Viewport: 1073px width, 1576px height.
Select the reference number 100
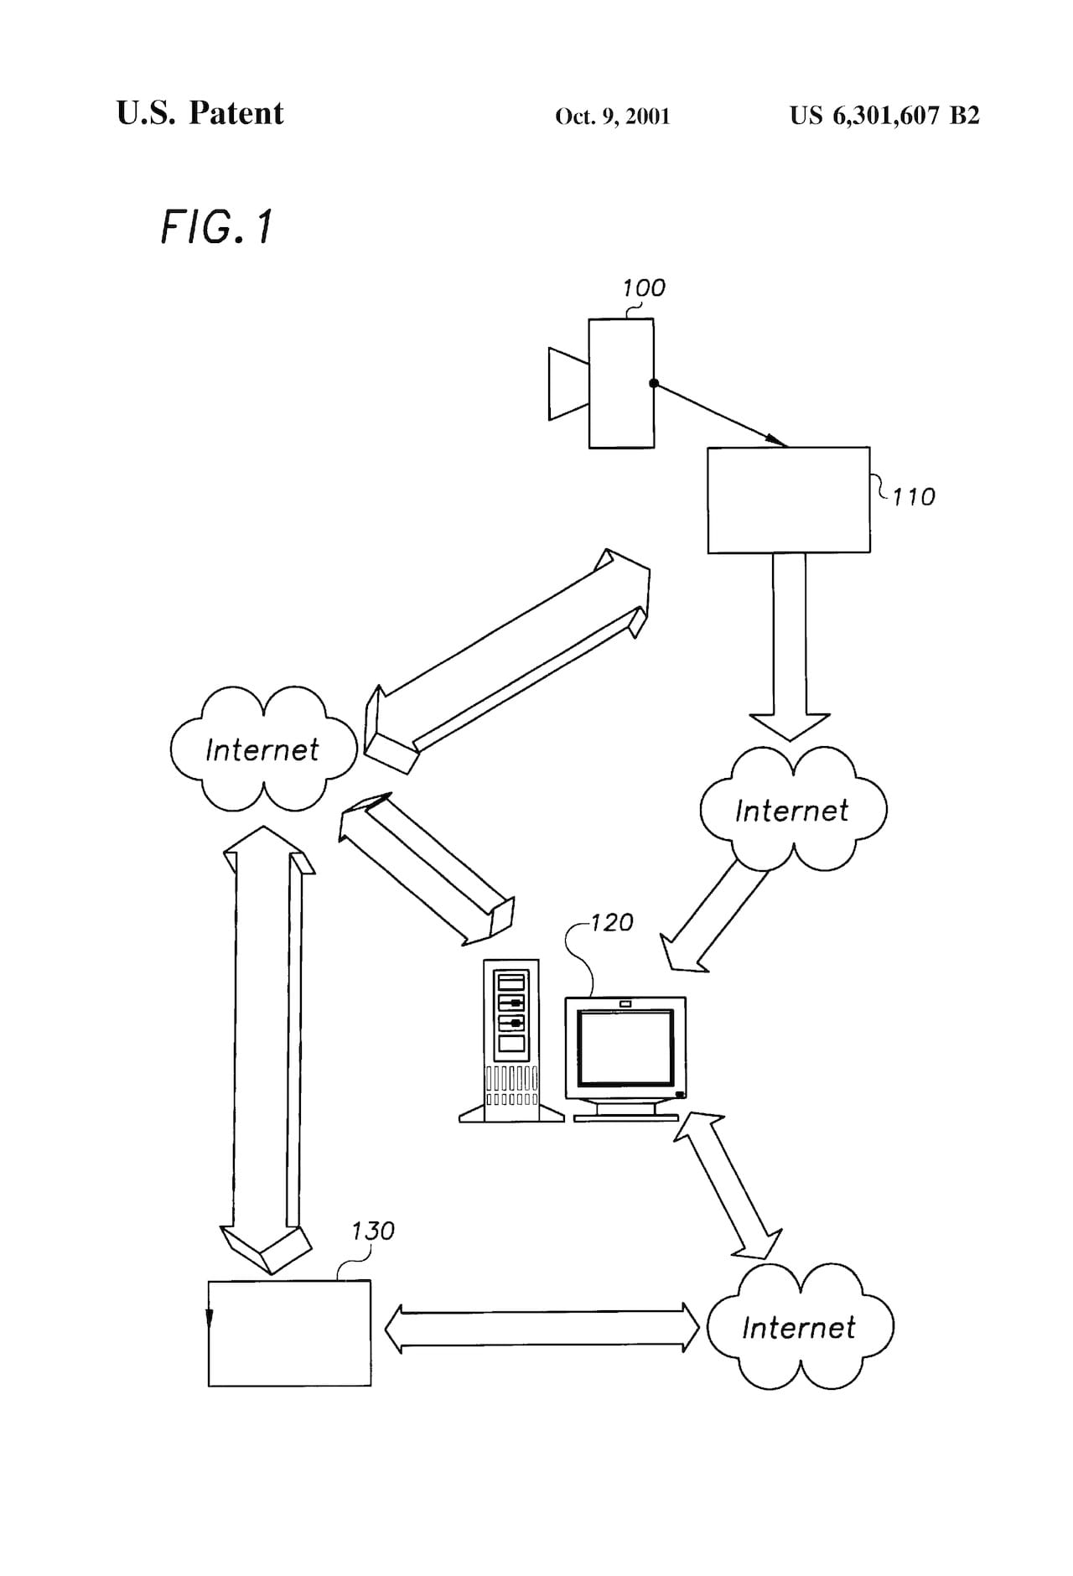[x=643, y=288]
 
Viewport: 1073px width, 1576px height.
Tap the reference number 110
[x=913, y=497]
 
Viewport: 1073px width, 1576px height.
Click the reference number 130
[x=372, y=1231]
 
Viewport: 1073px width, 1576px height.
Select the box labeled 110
[x=788, y=500]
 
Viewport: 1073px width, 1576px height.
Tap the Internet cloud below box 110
[x=792, y=809]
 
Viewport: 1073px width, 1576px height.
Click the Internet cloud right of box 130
[x=799, y=1326]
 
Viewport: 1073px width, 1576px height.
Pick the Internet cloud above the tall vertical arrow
[x=262, y=749]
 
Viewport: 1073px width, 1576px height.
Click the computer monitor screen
[x=625, y=1048]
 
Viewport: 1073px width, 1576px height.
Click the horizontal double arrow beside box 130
[x=542, y=1327]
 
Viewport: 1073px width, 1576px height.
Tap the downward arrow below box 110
[x=789, y=645]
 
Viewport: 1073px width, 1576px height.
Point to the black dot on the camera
[x=654, y=383]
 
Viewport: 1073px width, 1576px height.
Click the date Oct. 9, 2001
[x=612, y=116]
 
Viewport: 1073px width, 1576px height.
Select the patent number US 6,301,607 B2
[x=884, y=115]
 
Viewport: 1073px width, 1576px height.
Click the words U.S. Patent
[x=200, y=113]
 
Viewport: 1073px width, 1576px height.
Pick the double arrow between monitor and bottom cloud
[x=728, y=1185]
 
